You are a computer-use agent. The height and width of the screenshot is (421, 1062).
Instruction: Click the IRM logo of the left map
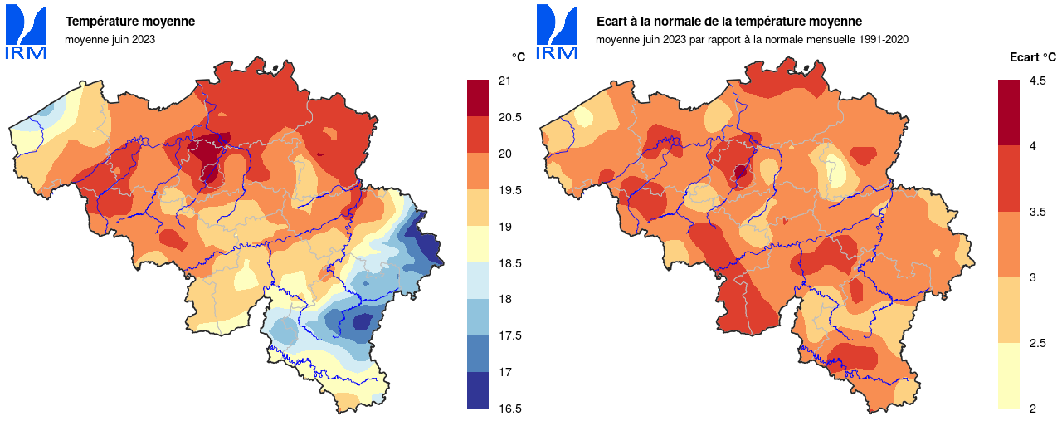pyautogui.click(x=26, y=32)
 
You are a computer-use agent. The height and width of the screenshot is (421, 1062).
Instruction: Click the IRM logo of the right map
pyautogui.click(x=557, y=32)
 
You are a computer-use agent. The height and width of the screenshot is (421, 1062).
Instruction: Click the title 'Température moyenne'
pyautogui.click(x=130, y=22)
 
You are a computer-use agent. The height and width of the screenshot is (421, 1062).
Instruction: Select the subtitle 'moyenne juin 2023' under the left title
pyautogui.click(x=110, y=38)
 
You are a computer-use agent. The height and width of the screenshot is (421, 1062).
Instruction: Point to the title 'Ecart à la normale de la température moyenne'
pyautogui.click(x=728, y=22)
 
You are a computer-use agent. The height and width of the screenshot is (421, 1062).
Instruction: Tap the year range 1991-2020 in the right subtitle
pyautogui.click(x=884, y=38)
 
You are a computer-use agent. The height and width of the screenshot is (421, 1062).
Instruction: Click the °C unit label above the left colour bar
pyautogui.click(x=518, y=57)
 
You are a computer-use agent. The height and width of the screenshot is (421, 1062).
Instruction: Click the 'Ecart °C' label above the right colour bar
pyautogui.click(x=1032, y=57)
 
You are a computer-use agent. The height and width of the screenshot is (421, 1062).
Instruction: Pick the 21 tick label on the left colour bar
pyautogui.click(x=504, y=81)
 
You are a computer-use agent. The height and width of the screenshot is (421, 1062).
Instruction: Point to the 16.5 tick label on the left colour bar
pyautogui.click(x=509, y=409)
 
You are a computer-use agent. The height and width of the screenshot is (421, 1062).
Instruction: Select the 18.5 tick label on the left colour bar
pyautogui.click(x=509, y=263)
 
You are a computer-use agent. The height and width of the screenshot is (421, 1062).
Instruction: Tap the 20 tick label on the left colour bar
pyautogui.click(x=504, y=154)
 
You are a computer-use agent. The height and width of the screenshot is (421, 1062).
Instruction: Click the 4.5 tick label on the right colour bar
pyautogui.click(x=1037, y=81)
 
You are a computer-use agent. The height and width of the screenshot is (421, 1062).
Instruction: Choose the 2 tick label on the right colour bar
pyautogui.click(x=1032, y=409)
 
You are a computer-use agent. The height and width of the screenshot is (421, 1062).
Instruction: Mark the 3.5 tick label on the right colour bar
pyautogui.click(x=1037, y=212)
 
